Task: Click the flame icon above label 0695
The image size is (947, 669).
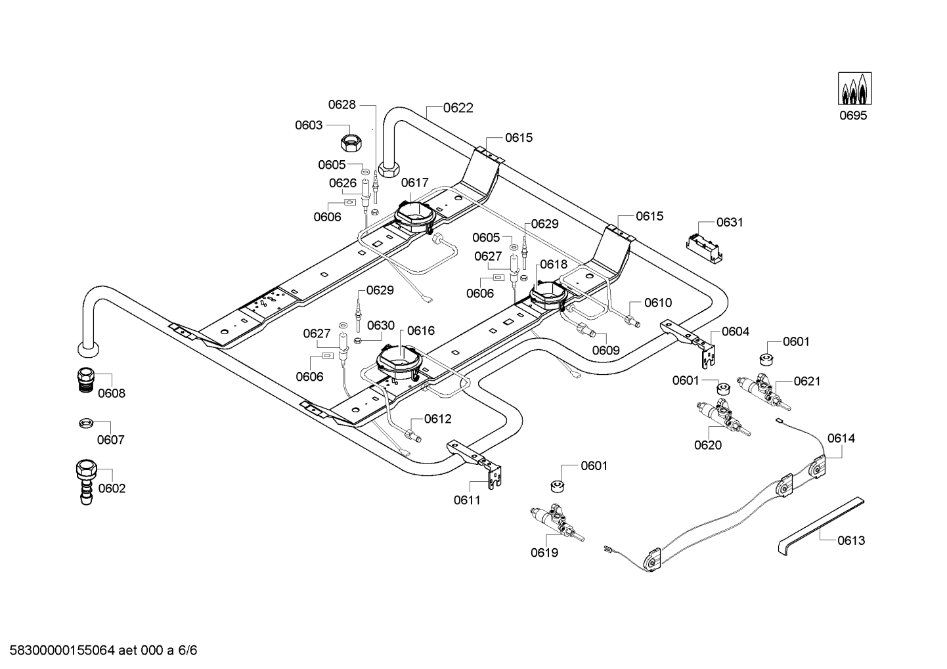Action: click(855, 89)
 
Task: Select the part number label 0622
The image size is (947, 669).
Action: click(458, 108)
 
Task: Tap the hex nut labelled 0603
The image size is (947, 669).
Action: click(351, 143)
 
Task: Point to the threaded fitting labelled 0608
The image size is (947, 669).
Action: click(85, 380)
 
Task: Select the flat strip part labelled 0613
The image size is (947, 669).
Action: click(820, 526)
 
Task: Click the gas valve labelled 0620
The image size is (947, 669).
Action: click(723, 418)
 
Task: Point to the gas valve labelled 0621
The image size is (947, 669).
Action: click(764, 392)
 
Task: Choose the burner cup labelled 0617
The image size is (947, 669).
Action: click(414, 217)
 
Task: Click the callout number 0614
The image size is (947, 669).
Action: click(841, 439)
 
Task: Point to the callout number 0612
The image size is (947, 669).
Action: click(437, 419)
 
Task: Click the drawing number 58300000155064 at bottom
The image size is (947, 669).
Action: click(62, 651)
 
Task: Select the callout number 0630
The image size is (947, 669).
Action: click(380, 326)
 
